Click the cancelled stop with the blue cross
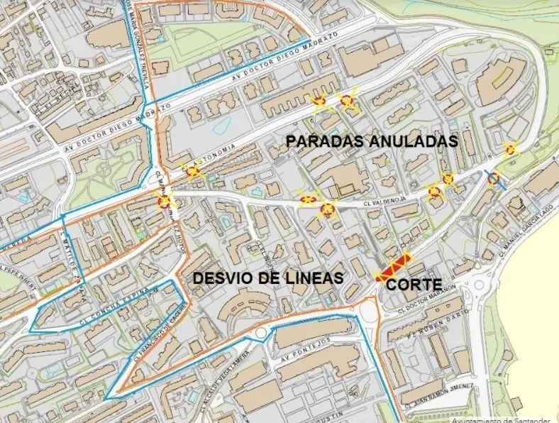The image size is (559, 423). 493,177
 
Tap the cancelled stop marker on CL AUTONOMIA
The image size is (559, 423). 192,172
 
